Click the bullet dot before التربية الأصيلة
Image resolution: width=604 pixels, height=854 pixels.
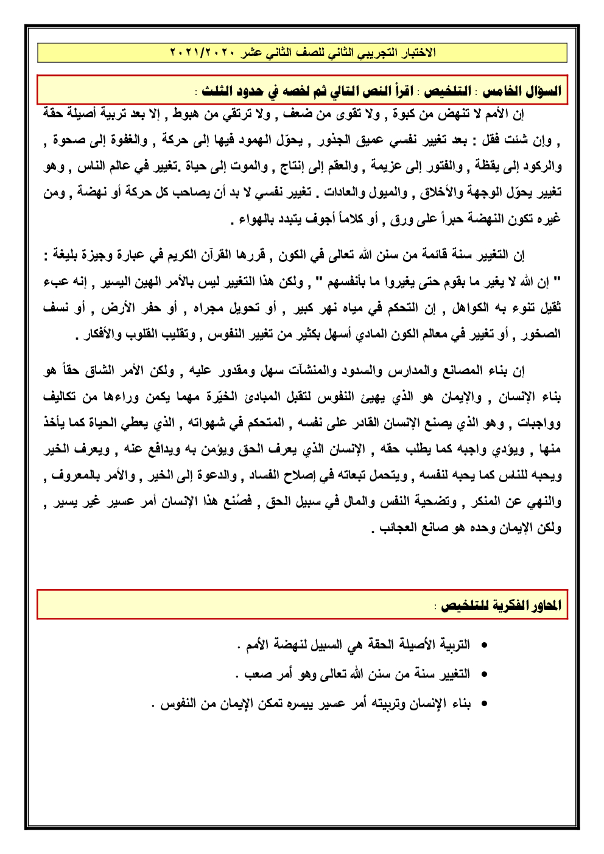(x=484, y=645)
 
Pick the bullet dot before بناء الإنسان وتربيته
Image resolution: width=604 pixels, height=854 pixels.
(x=484, y=704)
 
